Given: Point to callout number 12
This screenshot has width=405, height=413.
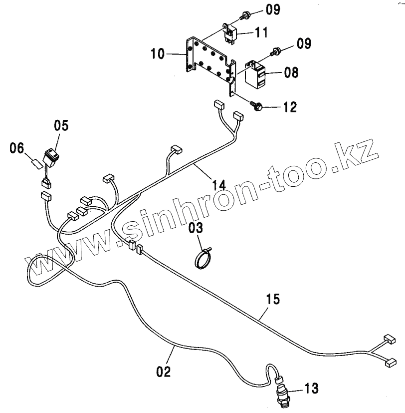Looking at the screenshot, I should pyautogui.click(x=289, y=107).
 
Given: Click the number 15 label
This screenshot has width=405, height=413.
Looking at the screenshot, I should pyautogui.click(x=272, y=300).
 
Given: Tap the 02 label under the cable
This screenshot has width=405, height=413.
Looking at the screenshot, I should pyautogui.click(x=163, y=372).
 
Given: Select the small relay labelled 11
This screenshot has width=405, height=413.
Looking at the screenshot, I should pyautogui.click(x=230, y=33).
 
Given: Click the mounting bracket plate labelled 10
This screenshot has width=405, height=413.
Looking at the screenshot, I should pyautogui.click(x=209, y=58).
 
